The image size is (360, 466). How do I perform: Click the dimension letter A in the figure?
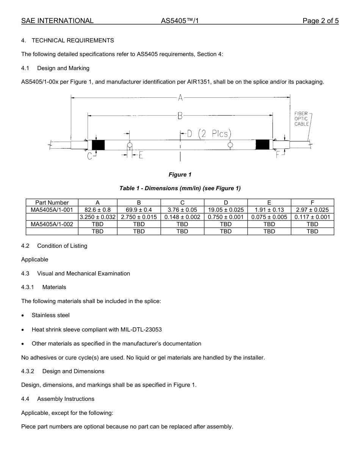tap(180, 98)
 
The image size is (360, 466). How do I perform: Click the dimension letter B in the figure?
tap(180, 116)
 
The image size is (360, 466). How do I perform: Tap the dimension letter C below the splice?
tap(89, 156)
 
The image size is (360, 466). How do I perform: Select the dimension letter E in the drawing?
tap(141, 155)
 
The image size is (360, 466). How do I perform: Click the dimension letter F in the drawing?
tap(278, 155)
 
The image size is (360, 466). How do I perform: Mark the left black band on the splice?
tap(98, 145)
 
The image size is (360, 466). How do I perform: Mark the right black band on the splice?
tap(262, 145)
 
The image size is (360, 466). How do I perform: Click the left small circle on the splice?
tap(130, 145)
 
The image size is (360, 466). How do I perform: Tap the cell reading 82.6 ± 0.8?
tap(97, 210)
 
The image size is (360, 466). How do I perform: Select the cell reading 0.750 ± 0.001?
tap(225, 217)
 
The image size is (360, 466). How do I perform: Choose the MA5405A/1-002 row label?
tap(52, 224)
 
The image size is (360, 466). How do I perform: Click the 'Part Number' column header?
tap(52, 203)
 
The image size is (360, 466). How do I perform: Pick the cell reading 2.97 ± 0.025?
tap(312, 210)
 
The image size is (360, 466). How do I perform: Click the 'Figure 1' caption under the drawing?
tap(180, 175)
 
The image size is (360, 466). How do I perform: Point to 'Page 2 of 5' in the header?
tap(320, 21)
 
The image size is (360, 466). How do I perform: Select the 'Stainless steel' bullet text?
tap(51, 315)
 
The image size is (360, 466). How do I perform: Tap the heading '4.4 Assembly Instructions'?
tap(58, 399)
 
